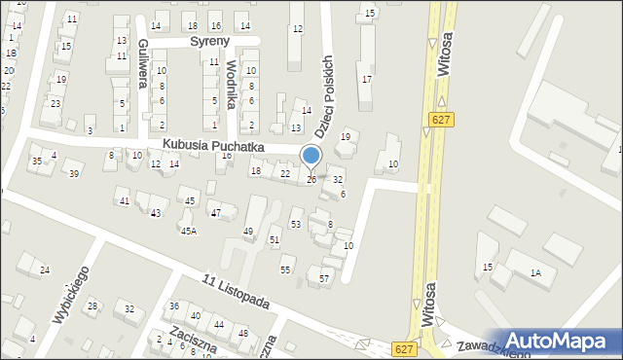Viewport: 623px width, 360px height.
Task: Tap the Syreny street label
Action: coord(208,42)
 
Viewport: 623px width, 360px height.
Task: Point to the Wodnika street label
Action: coord(231,86)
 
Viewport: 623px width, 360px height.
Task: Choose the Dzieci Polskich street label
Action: coord(325,92)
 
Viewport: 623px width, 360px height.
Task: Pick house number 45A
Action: coord(188,231)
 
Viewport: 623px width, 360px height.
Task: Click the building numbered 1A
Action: coord(535,273)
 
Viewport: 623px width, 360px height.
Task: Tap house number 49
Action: coord(248,231)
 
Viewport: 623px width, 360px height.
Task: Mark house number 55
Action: coord(285,270)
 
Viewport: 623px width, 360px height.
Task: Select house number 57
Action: coord(324,279)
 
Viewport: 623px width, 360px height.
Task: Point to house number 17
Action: coord(366,79)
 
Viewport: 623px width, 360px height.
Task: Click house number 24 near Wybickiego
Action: coord(44,270)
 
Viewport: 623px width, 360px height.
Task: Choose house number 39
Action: coord(73,174)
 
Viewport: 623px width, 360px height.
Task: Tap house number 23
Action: coord(55,103)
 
